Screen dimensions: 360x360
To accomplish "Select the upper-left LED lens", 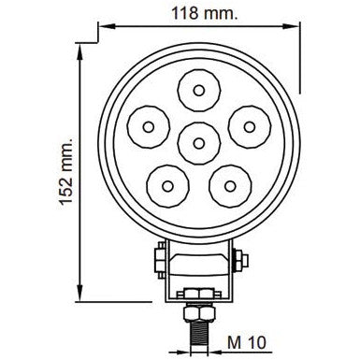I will pyautogui.click(x=148, y=123).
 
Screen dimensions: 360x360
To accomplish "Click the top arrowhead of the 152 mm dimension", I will pyautogui.click(x=79, y=46).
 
